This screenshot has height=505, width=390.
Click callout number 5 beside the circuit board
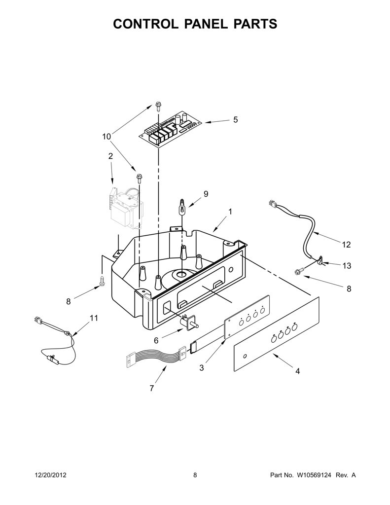[x=235, y=120]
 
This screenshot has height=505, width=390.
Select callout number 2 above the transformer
[x=110, y=156]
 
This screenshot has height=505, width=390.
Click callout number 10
[x=106, y=137]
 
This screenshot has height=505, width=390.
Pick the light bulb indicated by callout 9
[x=182, y=207]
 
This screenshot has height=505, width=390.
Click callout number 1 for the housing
[x=230, y=212]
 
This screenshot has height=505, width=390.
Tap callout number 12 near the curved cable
[x=346, y=245]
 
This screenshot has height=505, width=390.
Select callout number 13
[x=347, y=266]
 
